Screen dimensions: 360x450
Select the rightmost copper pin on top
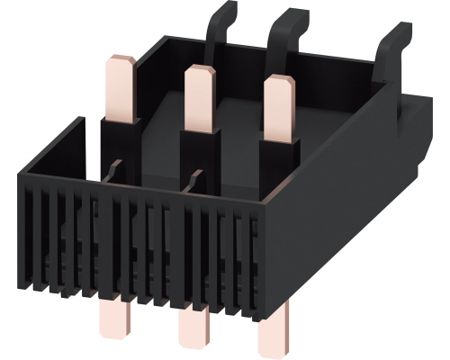278,106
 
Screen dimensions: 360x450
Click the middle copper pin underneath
193,323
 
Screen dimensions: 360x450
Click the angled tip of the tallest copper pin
121,62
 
